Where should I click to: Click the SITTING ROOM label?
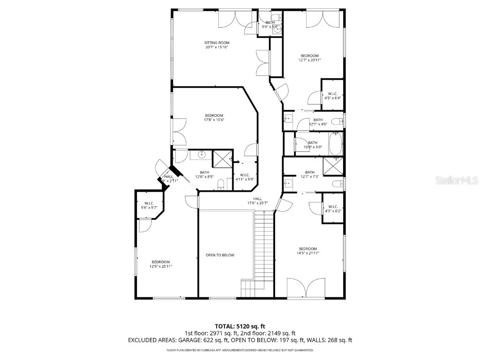[x=217, y=43]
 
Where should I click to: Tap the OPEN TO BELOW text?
[x=220, y=255]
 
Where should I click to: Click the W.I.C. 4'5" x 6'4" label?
[x=332, y=96]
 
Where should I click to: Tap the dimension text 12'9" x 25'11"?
[x=160, y=266]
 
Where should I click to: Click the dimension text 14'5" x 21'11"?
[x=308, y=253]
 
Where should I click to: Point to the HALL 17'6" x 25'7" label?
[x=257, y=201]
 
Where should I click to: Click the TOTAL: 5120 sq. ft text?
[x=240, y=326]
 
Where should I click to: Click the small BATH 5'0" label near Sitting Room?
[x=270, y=24]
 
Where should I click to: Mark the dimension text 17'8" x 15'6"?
[x=214, y=120]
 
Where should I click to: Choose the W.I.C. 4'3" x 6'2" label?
[x=333, y=209]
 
